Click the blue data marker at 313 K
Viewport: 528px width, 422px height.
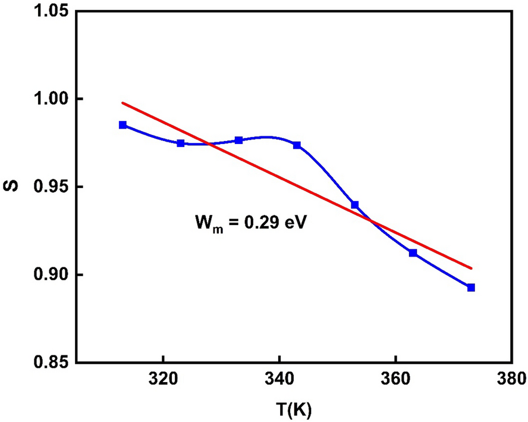pyautogui.click(x=122, y=125)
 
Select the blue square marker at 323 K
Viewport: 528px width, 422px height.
pyautogui.click(x=181, y=143)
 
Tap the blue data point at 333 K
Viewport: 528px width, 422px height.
pyautogui.click(x=238, y=140)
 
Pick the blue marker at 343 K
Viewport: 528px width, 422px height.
pyautogui.click(x=297, y=145)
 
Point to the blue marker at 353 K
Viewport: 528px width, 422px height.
pyautogui.click(x=355, y=205)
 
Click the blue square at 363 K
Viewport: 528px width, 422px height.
pyautogui.click(x=413, y=253)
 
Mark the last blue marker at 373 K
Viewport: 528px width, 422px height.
pyautogui.click(x=471, y=287)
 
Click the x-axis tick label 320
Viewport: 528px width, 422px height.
pyautogui.click(x=163, y=379)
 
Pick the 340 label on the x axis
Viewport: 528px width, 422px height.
pyautogui.click(x=279, y=379)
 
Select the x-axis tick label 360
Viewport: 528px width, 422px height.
pyautogui.click(x=395, y=379)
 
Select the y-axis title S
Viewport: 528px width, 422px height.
pyautogui.click(x=13, y=187)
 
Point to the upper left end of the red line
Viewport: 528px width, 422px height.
pyautogui.click(x=122, y=103)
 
